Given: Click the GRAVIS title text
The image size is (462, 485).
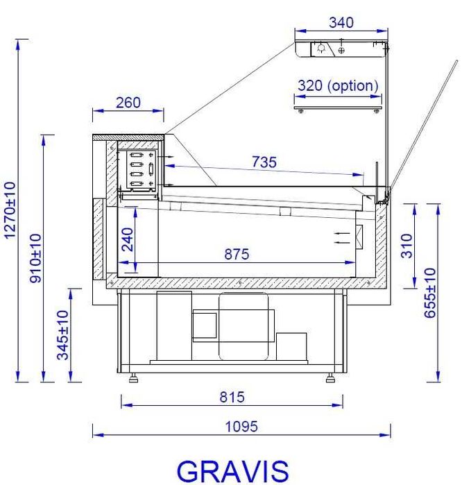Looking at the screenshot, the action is click(232, 470).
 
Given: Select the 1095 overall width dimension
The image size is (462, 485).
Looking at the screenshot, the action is click(241, 427).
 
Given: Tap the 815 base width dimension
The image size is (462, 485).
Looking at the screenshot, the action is click(232, 397).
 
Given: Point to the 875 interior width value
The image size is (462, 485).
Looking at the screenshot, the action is click(237, 254).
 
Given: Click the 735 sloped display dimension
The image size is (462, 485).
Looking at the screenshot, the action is click(264, 162).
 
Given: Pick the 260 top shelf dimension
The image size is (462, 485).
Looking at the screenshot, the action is click(128, 103).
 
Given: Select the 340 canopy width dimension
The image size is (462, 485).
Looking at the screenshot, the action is click(341, 23).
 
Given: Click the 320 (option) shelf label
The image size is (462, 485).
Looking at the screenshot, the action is click(338, 85).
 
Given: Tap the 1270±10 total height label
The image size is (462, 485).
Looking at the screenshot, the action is click(10, 210).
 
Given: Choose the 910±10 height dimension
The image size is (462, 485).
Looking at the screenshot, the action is click(35, 258).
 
